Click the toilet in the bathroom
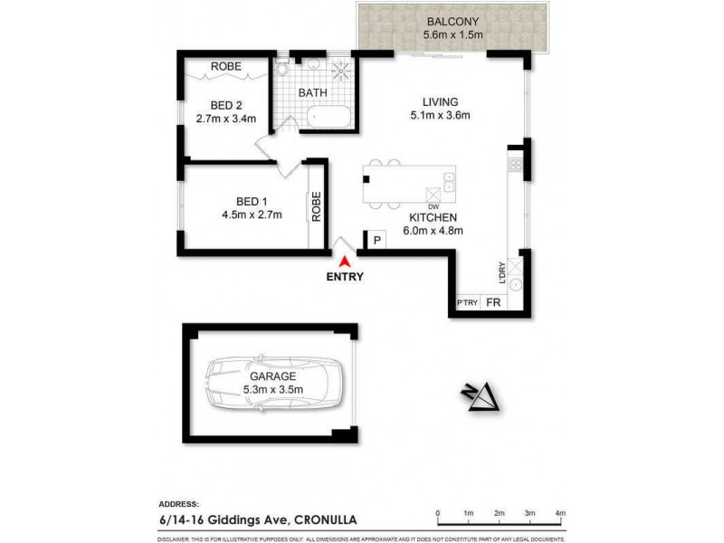pos(282,70)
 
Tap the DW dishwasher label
pos(433,207)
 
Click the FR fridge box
pos(494,303)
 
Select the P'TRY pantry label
pos(466,303)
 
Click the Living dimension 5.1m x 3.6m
pos(441,115)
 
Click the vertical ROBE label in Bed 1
pos(317,206)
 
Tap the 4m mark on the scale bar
pos(560,513)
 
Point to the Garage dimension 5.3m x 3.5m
pos(271,389)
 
